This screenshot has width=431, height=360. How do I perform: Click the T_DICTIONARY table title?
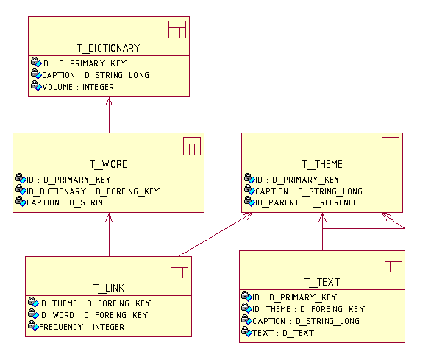coord(109,48)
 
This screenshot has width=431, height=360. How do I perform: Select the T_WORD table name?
coord(109,165)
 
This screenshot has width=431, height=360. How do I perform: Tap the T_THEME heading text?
coord(322,165)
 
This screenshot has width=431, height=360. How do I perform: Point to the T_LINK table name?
coord(109,288)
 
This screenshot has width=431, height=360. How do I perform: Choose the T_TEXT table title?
coord(322,282)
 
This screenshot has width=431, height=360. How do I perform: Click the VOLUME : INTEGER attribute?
coord(78,87)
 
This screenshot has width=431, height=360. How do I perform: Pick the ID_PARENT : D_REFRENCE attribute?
coord(306,203)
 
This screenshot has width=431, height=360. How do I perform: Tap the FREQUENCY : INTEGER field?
coord(82,327)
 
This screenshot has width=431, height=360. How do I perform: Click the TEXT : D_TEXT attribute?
coord(283,333)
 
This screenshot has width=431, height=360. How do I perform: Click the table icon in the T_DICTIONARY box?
coord(177,29)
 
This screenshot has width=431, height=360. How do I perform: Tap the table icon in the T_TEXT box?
coord(393,264)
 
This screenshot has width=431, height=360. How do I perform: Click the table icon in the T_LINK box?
coord(179,269)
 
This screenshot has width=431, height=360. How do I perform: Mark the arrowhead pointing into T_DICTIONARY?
coord(109,101)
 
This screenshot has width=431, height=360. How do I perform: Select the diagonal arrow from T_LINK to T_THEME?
coord(215,235)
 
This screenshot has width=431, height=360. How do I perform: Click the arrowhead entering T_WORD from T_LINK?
coord(109,217)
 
